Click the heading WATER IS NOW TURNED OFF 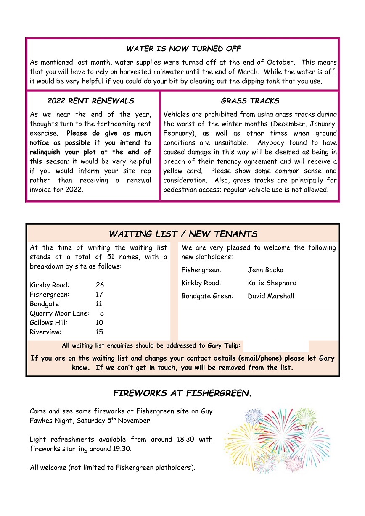[183, 49]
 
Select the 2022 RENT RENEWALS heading [90, 101]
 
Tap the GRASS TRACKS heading [250, 101]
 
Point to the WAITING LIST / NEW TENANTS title [183, 234]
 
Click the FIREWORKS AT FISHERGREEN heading [182, 393]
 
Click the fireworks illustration [276, 440]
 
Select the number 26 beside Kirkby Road [100, 285]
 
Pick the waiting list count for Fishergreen [99, 295]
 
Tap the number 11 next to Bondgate [99, 304]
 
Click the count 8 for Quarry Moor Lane [102, 313]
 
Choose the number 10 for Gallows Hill [99, 323]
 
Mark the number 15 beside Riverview [99, 332]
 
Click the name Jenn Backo [265, 270]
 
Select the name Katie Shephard [272, 283]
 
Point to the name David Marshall [271, 296]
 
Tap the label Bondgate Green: [207, 296]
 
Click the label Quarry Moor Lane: [59, 313]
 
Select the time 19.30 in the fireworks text [122, 449]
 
